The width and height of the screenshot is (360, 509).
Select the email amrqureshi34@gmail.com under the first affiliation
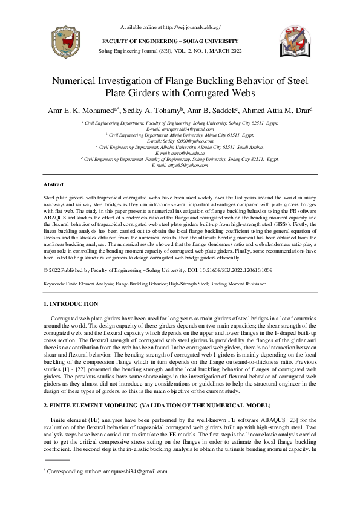point(180,129)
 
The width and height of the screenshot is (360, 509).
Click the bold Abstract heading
point(54,184)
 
